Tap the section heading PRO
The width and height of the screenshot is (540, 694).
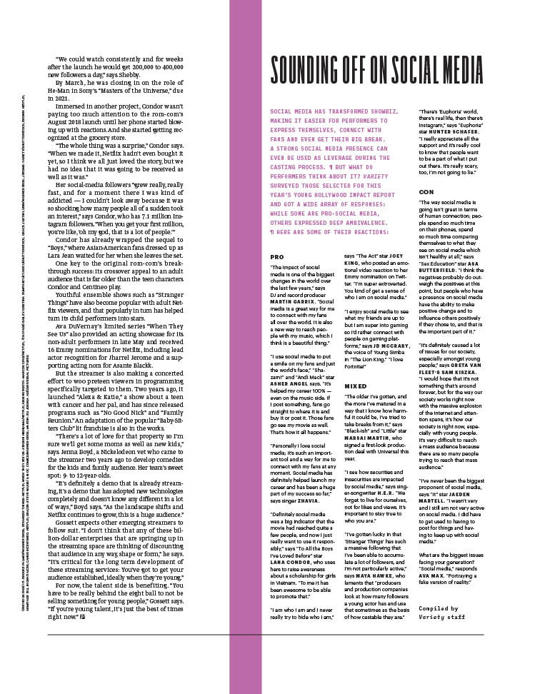click(x=277, y=256)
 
